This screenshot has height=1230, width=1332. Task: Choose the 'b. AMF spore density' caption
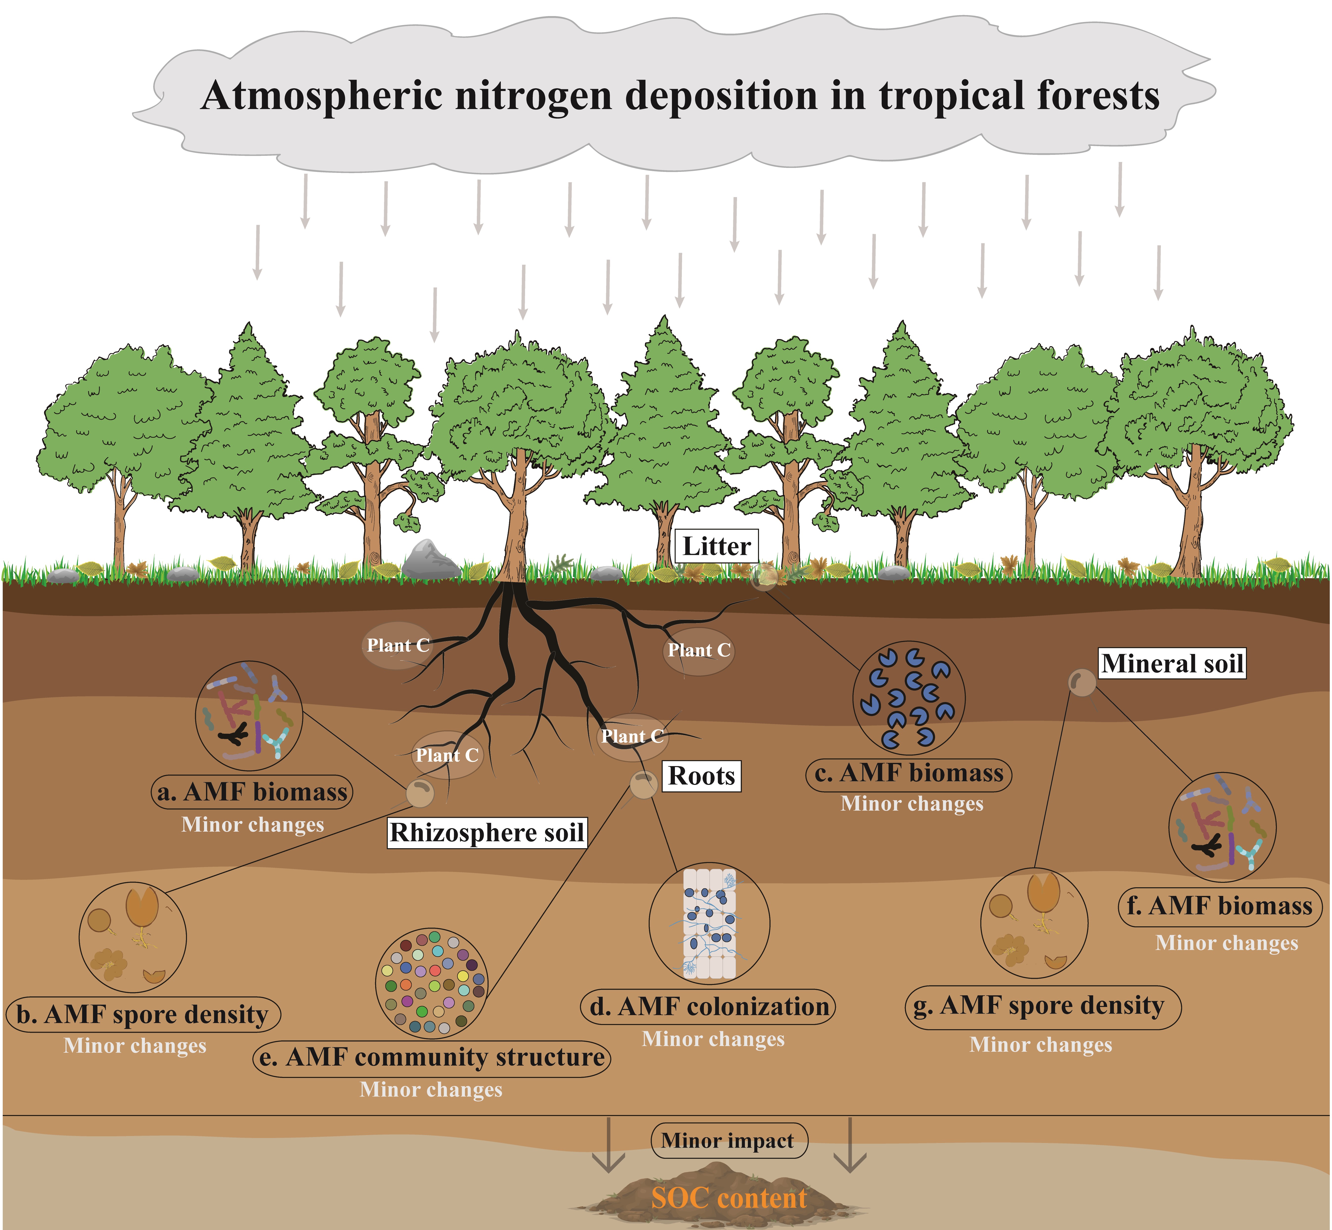tap(143, 1014)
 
